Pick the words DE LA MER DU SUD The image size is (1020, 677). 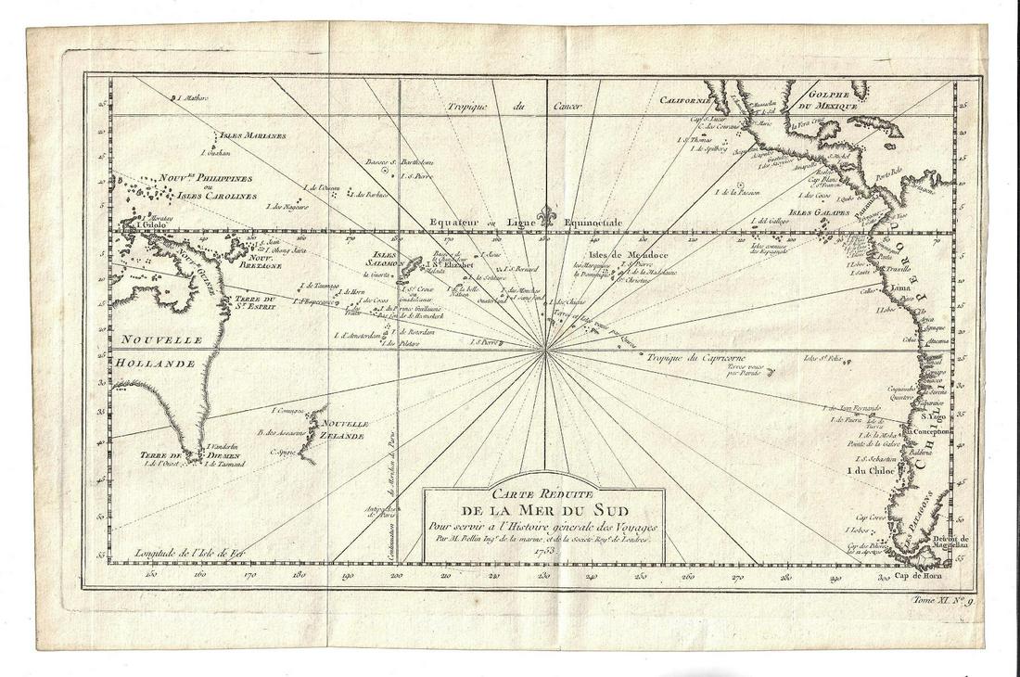(543, 513)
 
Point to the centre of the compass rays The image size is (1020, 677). (549, 350)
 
